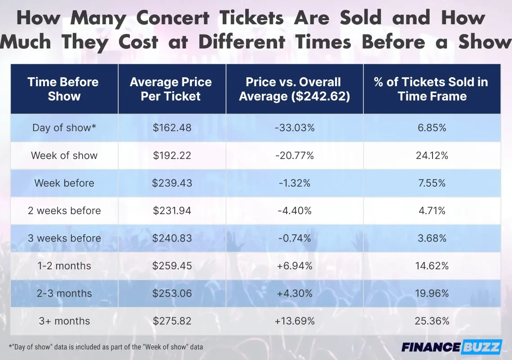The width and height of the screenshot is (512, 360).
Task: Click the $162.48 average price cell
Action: [172, 127]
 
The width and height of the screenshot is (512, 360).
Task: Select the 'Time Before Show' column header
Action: [64, 89]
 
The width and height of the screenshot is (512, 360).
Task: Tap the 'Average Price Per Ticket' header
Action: [171, 89]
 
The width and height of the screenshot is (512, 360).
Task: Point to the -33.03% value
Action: [295, 127]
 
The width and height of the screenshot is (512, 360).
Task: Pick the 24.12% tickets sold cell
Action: [432, 155]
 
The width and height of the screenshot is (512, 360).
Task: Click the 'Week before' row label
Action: [64, 183]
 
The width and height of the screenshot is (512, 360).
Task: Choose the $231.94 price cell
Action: [172, 211]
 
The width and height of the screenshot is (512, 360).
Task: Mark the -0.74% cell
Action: [295, 238]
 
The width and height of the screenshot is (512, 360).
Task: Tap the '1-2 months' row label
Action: [64, 266]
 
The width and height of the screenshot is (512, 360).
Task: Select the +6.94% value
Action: [295, 266]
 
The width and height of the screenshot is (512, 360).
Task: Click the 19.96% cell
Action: [432, 294]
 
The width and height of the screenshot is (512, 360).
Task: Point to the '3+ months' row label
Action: [64, 321]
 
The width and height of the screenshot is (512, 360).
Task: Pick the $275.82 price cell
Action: [172, 321]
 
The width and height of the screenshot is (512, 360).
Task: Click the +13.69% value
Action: [295, 321]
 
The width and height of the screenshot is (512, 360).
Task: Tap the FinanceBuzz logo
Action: [451, 347]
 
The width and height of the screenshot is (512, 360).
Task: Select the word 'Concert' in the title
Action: [173, 18]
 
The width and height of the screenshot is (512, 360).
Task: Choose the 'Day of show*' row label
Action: [64, 127]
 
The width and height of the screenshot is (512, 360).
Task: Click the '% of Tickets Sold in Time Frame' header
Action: [432, 89]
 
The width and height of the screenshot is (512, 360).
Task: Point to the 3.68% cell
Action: [432, 238]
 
